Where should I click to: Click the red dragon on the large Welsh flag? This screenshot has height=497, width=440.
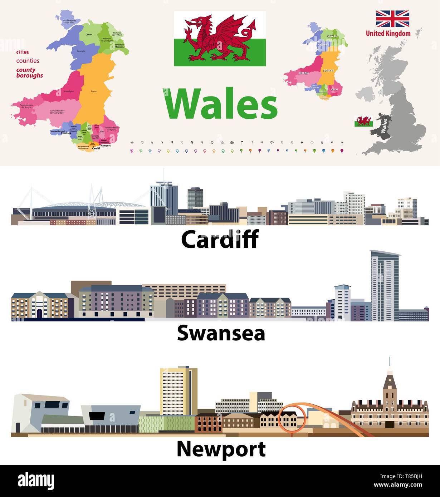220,39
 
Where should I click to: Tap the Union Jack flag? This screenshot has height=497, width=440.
392,19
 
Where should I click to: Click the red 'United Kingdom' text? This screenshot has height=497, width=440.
388,34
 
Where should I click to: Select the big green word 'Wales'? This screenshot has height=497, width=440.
220,104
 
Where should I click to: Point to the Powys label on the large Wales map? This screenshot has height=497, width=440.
94,91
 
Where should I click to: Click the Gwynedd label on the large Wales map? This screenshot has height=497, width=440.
81,51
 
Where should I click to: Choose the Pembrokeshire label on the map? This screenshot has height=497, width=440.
24,106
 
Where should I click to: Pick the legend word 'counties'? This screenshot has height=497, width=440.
28,61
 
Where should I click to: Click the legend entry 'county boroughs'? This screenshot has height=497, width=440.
29,73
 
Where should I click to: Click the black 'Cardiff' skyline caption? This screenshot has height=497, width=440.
220,239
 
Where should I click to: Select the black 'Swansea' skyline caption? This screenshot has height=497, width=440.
221,333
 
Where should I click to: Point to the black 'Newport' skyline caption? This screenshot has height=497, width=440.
221,449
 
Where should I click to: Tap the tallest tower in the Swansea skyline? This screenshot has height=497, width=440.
385,284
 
